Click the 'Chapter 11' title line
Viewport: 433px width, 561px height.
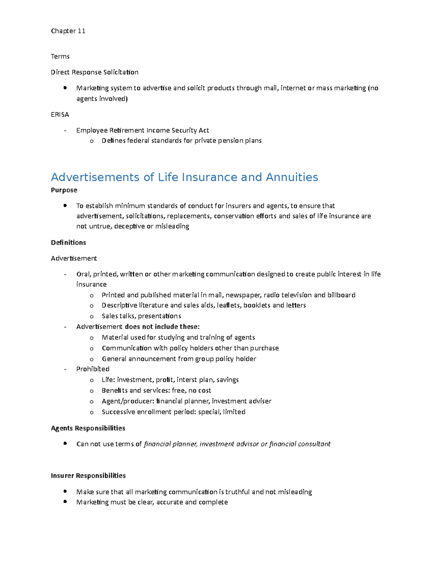click(x=68, y=31)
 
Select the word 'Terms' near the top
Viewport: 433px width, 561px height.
click(x=60, y=56)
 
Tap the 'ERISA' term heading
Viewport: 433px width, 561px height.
click(x=60, y=115)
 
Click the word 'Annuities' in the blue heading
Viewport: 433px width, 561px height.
click(x=292, y=177)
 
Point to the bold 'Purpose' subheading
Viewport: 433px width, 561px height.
click(x=64, y=190)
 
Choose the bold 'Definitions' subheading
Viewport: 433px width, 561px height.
click(x=68, y=242)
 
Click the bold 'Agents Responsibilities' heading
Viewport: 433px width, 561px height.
click(x=88, y=428)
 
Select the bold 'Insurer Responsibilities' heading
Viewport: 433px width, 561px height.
click(x=88, y=475)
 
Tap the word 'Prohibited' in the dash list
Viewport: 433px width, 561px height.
click(x=93, y=369)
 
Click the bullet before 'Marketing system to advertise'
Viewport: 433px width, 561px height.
click(x=65, y=87)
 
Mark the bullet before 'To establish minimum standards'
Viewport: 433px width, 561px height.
click(x=65, y=205)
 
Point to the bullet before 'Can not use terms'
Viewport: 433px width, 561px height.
click(x=65, y=443)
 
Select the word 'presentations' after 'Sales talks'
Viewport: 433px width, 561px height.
click(x=159, y=316)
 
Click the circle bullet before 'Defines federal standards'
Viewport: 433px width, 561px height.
click(x=92, y=141)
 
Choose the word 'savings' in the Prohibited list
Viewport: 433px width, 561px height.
click(x=227, y=380)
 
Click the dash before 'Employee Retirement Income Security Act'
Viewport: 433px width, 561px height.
click(x=65, y=130)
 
